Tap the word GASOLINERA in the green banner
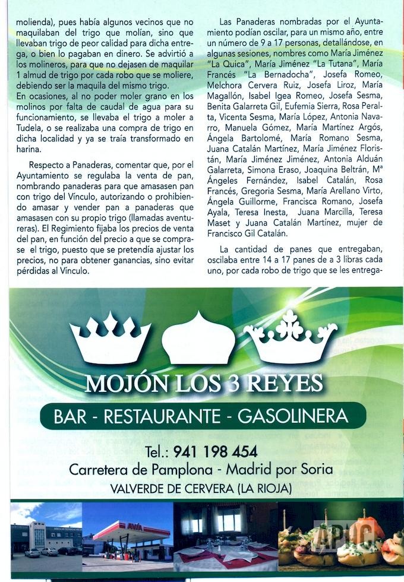(293, 416)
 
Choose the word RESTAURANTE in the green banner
(163, 416)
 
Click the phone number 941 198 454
(216, 451)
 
